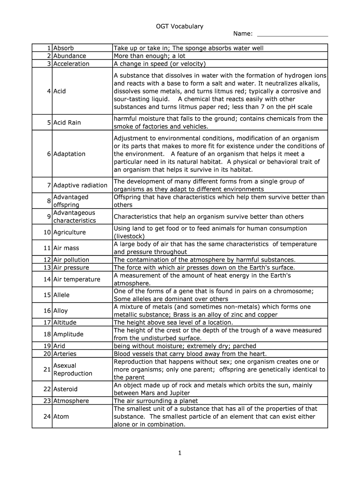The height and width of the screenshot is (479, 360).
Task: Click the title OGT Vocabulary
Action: [180, 26]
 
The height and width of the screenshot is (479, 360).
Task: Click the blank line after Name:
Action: [293, 35]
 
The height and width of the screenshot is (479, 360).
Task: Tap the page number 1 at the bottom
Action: [180, 453]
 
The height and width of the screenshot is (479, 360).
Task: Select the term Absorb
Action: [64, 48]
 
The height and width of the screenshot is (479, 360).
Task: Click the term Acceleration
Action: [71, 64]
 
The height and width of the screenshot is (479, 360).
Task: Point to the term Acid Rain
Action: [67, 123]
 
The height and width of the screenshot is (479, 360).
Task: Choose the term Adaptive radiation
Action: [80, 185]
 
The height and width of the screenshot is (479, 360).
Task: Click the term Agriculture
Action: [69, 232]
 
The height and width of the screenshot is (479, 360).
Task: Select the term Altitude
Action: [65, 322]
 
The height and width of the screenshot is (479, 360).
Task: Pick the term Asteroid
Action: [65, 389]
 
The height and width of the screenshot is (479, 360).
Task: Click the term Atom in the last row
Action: [61, 416]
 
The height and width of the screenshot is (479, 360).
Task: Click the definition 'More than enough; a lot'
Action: [149, 56]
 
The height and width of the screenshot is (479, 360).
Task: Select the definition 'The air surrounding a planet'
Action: [156, 401]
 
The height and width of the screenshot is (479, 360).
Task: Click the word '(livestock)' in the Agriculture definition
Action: [130, 236]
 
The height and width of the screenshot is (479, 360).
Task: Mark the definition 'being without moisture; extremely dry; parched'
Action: [185, 346]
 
